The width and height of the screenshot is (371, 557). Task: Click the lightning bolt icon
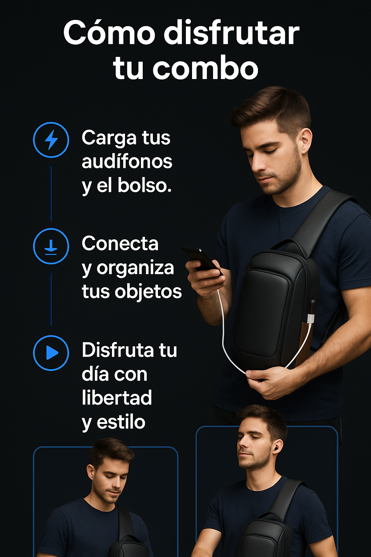51,140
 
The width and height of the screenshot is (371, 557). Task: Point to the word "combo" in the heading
205,68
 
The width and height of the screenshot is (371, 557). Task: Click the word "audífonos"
127,162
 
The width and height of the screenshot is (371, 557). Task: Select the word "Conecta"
120,243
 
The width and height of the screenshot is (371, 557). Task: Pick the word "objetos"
148,292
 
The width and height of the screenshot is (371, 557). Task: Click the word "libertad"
117,397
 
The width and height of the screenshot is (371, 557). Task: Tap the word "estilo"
121,422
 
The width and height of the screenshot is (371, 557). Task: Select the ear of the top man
306,141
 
